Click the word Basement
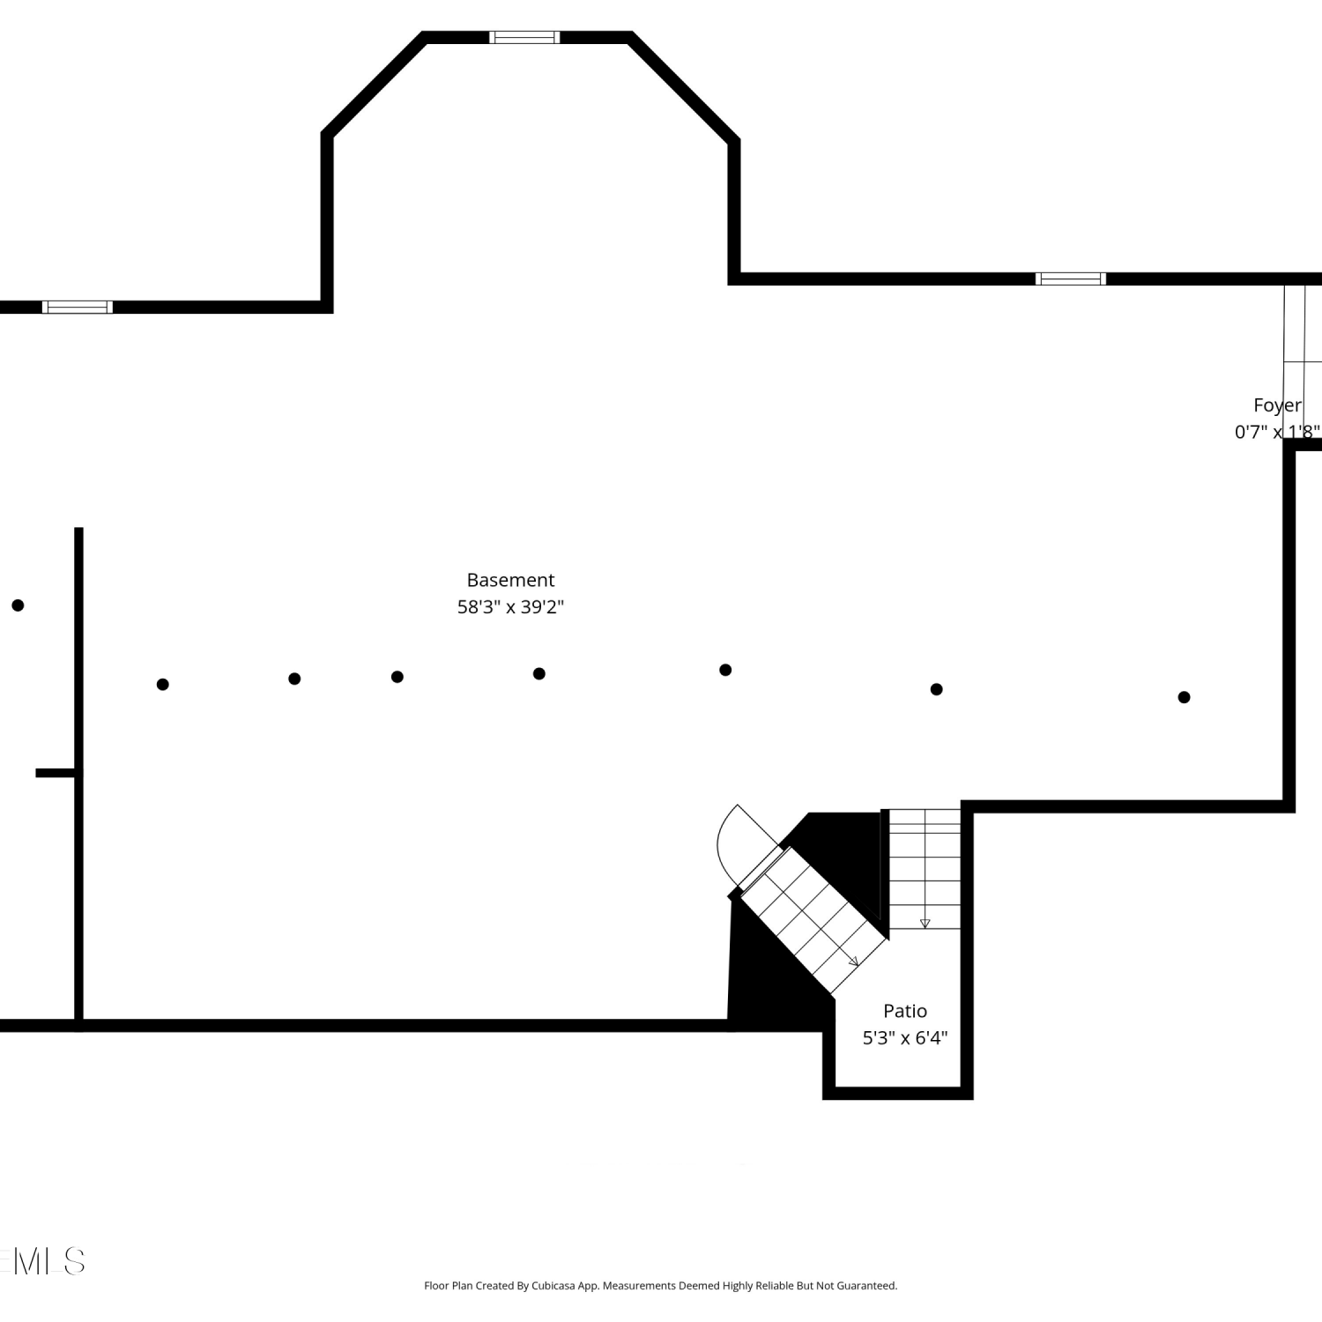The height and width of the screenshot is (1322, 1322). [510, 580]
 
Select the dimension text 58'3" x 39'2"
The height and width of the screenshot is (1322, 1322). [510, 606]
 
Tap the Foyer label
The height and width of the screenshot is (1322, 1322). [1277, 405]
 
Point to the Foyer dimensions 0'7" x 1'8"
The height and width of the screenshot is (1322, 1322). [1277, 432]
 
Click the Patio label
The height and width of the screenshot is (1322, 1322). [905, 1011]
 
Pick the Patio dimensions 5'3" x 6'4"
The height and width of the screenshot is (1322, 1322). [905, 1038]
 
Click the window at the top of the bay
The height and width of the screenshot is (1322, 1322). [524, 37]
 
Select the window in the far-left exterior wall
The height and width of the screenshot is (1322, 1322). [78, 307]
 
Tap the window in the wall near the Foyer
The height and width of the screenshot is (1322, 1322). [1071, 279]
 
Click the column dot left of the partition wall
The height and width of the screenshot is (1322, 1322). [18, 605]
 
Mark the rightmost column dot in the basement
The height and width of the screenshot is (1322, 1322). [1184, 697]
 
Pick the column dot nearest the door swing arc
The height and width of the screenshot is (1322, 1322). [725, 670]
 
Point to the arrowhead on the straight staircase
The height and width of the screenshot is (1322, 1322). [925, 924]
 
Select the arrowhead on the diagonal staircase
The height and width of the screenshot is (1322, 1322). [854, 962]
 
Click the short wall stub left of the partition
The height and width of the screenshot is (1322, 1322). [55, 773]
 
